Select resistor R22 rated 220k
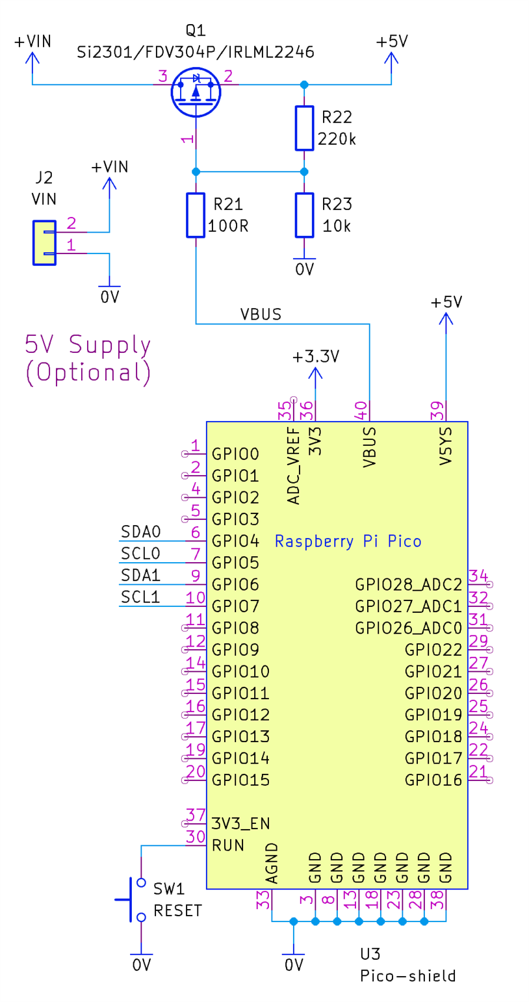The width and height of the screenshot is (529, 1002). pos(303,129)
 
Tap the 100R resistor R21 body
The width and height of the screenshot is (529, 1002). pos(196,215)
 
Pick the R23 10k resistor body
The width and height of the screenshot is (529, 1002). pos(303,215)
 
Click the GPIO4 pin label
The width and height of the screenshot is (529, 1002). pos(236,541)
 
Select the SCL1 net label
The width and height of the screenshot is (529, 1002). pos(140,597)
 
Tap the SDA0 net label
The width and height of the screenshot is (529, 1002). pos(140,532)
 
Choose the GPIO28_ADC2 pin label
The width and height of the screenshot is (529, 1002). pos(409,584)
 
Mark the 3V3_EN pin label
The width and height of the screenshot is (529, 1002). pos(241,823)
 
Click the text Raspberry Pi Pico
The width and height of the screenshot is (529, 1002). pos(348,541)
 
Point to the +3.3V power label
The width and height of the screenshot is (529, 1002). pos(316,357)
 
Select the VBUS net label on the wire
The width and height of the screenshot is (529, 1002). pos(260,315)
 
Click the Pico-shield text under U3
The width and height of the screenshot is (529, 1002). pos(407,975)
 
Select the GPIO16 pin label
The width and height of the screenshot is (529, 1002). pos(433,779)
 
